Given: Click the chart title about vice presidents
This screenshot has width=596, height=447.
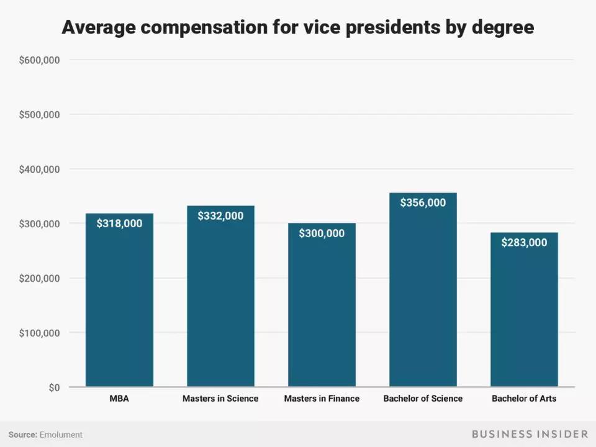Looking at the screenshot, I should point(297,27).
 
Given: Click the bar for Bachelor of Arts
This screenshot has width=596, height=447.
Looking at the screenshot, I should point(524,310).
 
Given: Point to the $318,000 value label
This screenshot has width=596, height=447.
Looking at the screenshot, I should point(119,223).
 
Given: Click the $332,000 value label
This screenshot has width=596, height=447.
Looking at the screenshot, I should point(220,216).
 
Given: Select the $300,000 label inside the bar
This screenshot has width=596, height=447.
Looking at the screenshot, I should point(322,233).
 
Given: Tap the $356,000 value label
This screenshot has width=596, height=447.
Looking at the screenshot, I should point(423,202).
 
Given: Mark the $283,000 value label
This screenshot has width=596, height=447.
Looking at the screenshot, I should point(524,243).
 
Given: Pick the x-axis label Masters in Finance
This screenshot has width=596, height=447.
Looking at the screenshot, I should point(322,399).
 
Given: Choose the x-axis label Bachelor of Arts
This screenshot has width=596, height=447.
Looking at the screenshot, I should point(524,399).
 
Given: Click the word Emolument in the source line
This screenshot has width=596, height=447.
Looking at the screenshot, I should point(61,435).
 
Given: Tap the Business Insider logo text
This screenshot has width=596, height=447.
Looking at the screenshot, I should point(530,434).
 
